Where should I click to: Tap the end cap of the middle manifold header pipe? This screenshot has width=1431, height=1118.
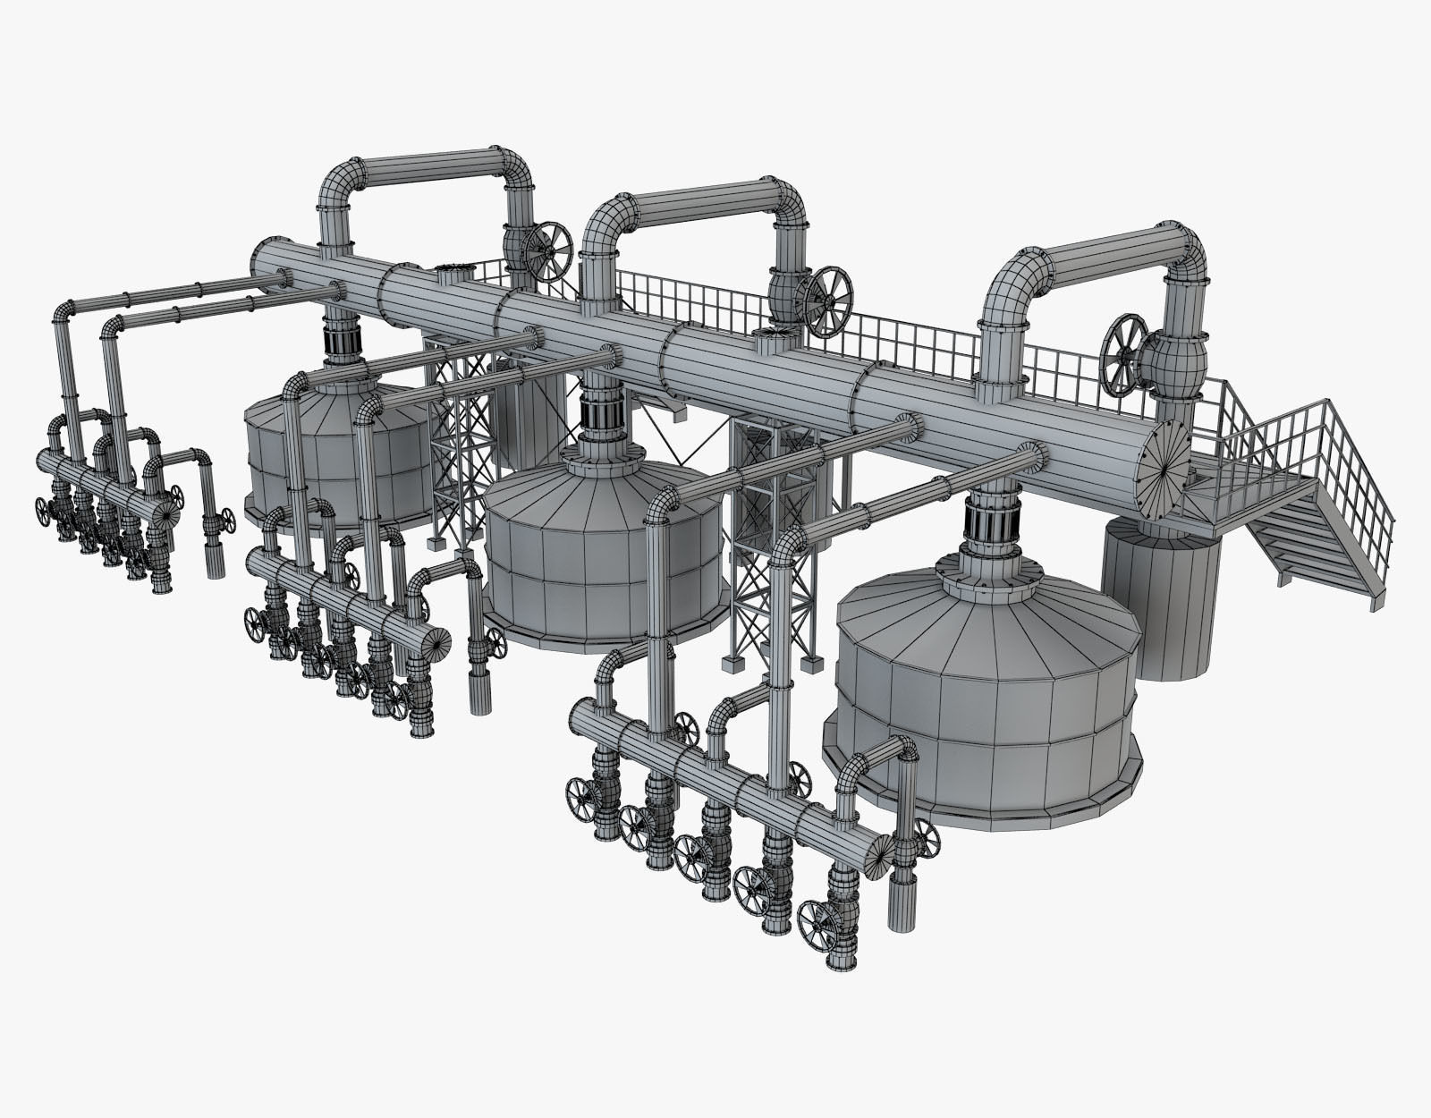pos(435,644)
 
